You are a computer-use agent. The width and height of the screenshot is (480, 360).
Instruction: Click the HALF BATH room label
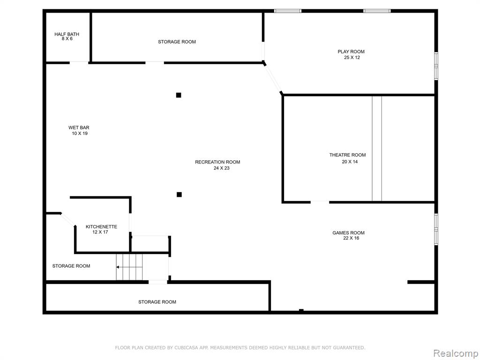67,34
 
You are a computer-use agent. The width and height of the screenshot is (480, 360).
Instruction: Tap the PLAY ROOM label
351,52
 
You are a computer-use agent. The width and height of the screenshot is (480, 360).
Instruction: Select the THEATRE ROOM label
347,155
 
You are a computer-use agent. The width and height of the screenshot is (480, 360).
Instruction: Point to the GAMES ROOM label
348,232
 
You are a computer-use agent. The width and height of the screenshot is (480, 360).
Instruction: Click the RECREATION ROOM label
217,162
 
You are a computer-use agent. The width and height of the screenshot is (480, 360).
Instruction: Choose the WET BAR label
79,127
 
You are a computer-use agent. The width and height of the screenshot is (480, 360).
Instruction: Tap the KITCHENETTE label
101,226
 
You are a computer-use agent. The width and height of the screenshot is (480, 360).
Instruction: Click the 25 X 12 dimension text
352,57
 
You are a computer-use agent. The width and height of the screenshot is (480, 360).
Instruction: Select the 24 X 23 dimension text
222,168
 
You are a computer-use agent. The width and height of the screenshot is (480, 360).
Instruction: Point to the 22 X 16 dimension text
351,238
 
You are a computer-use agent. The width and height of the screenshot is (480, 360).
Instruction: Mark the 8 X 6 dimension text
67,38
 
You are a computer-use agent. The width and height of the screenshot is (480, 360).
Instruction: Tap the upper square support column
179,95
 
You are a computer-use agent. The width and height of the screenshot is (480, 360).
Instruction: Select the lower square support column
179,195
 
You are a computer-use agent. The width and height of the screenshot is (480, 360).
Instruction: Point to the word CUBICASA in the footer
187,347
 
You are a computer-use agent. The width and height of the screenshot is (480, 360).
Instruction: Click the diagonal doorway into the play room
272,78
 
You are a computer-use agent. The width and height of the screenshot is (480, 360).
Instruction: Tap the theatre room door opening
320,202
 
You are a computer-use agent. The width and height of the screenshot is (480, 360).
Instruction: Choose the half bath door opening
79,63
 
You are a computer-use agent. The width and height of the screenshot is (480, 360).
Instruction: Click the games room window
436,229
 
